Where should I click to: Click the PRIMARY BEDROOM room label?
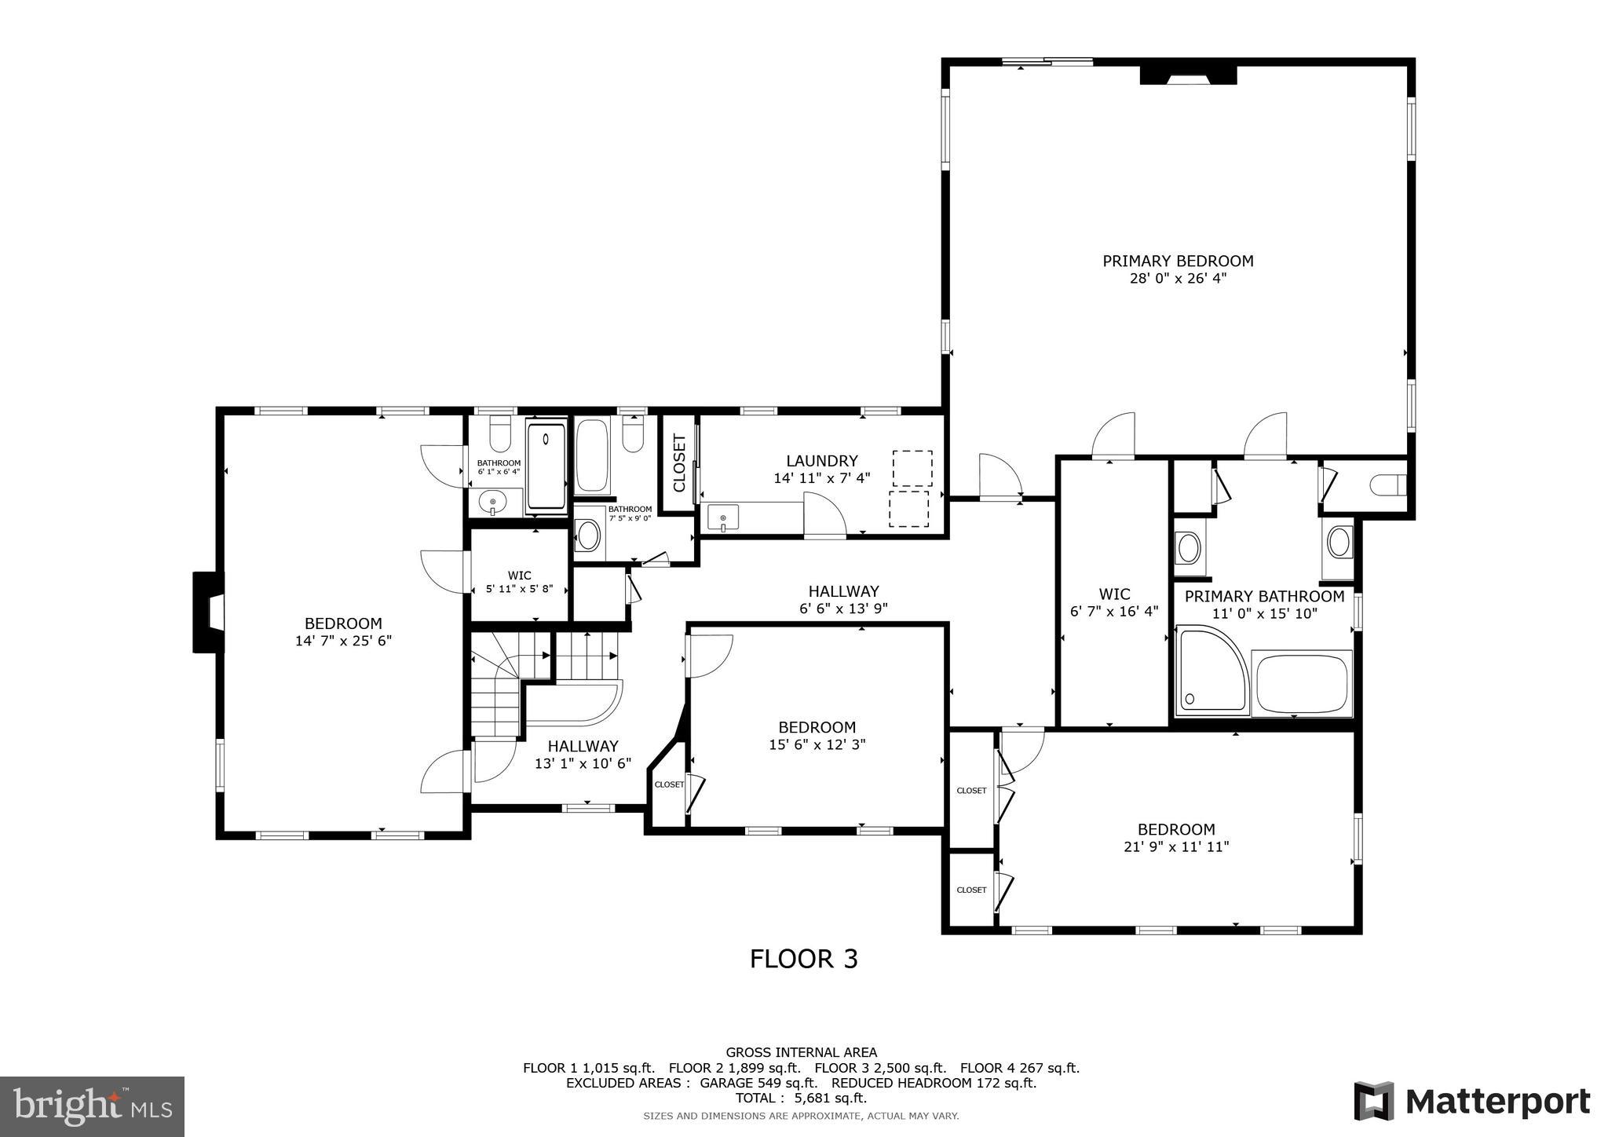[x=1178, y=261]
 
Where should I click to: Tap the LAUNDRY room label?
[x=822, y=461]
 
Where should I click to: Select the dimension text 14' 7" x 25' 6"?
[x=343, y=641]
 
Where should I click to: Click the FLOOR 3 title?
[x=803, y=959]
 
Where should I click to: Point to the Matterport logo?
[x=1471, y=1101]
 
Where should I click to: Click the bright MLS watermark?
[x=92, y=1106]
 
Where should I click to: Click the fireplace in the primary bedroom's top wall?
[x=1188, y=75]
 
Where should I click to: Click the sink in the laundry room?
[x=722, y=518]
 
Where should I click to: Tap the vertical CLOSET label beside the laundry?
[x=679, y=463]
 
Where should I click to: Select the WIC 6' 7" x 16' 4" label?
[x=1114, y=602]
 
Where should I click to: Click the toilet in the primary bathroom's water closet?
[x=1388, y=485]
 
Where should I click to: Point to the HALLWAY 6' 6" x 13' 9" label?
[x=843, y=599]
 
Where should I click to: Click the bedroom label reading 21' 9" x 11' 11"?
[x=1176, y=837]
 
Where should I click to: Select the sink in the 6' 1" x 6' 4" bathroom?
[x=493, y=502]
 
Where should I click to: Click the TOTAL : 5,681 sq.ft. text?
[x=801, y=1098]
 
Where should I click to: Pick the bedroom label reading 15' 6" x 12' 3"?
[x=817, y=736]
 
